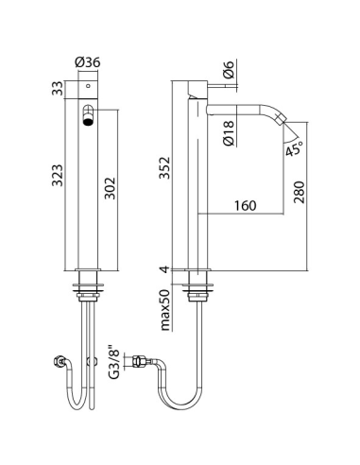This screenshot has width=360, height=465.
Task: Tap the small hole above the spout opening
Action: [x=88, y=86]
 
